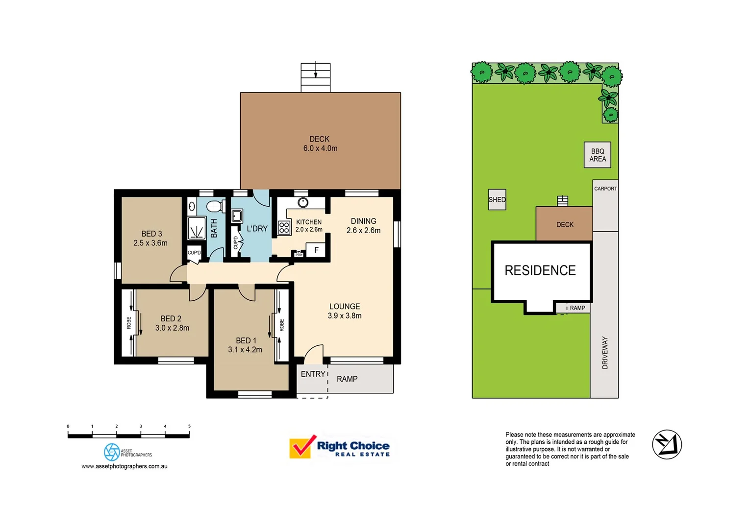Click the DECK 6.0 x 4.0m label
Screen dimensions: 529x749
point(320,144)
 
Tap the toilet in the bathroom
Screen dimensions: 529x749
point(213,206)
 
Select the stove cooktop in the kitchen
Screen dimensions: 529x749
point(284,228)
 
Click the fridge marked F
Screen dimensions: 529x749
point(316,250)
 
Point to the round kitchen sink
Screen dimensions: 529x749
point(303,202)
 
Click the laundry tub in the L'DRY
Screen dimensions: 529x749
point(237,216)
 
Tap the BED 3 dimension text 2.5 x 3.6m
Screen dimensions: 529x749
point(150,243)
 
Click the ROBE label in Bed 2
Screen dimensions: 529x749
point(129,323)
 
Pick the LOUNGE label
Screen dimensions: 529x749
point(345,306)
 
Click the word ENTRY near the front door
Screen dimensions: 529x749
point(313,374)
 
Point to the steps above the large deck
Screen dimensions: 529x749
point(316,77)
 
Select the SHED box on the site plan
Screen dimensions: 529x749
point(497,200)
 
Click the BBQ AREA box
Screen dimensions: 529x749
point(598,155)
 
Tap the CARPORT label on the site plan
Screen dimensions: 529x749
point(605,189)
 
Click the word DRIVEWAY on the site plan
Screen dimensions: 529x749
point(605,353)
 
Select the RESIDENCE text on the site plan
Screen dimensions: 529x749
point(540,270)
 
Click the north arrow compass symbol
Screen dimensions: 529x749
point(667,444)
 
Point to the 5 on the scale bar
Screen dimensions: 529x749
point(189,427)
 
